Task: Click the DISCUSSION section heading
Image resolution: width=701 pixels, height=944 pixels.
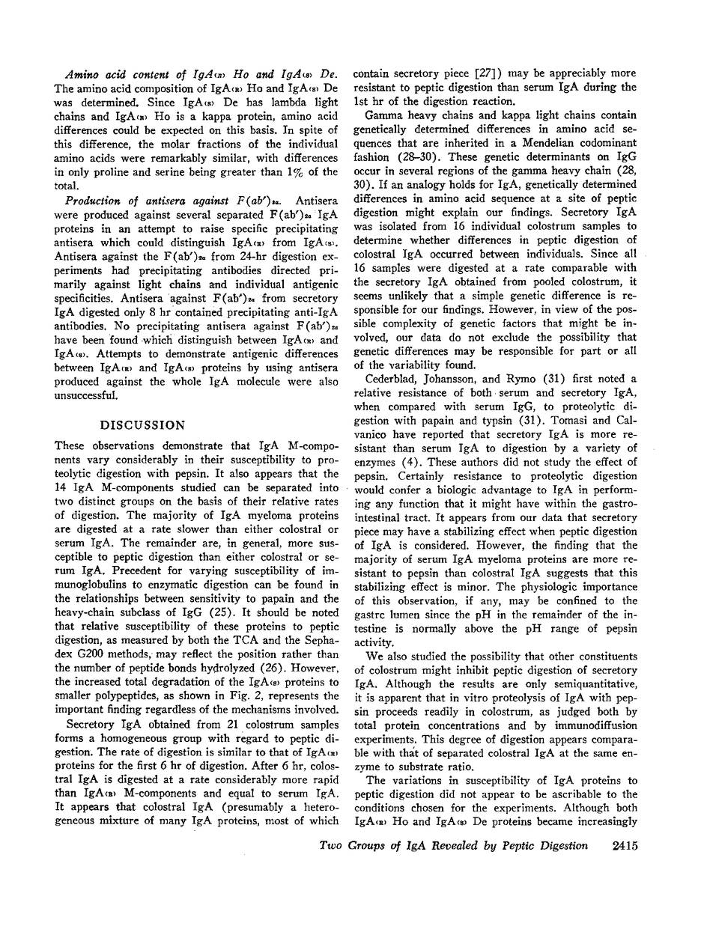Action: coord(143,424)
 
